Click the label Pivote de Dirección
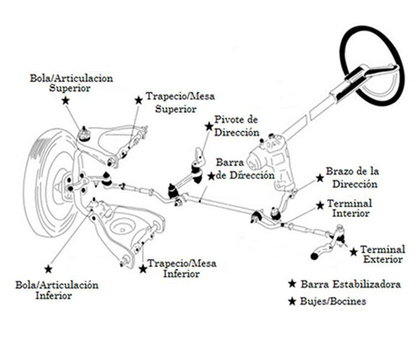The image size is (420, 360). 236,127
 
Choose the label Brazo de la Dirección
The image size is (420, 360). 352,178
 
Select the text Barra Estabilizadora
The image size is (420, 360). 350,284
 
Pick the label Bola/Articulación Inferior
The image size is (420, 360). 66,290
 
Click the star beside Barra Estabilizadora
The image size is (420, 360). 292,284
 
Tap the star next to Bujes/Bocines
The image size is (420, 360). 292,301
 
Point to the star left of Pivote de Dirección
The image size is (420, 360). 208,127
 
